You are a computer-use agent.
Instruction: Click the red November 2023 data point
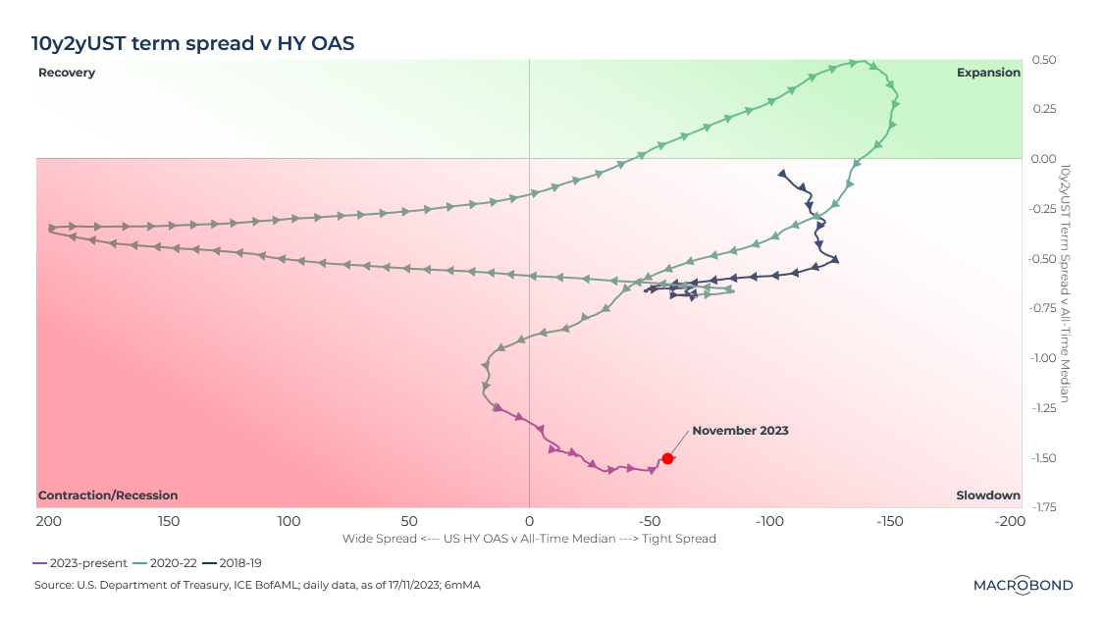[x=667, y=458]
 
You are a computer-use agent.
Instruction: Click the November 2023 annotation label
[x=740, y=431]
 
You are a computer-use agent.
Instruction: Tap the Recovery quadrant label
[x=67, y=73]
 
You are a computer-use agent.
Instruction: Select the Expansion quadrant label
[x=988, y=73]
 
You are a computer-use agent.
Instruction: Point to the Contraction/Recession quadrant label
[x=108, y=496]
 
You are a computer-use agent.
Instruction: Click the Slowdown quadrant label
[x=988, y=496]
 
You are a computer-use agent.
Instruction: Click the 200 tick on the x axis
[x=48, y=520]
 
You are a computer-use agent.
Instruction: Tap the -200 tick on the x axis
[x=1010, y=520]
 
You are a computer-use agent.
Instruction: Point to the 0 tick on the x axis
[x=530, y=520]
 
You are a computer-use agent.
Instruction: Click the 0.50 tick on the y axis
[x=1043, y=60]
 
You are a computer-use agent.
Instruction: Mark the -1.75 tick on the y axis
[x=1043, y=507]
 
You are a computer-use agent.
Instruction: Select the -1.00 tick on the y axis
[x=1043, y=358]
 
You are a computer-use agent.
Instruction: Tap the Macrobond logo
[x=1023, y=585]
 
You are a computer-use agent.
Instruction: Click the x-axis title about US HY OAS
[x=529, y=539]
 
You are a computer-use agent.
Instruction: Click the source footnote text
[x=257, y=586]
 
